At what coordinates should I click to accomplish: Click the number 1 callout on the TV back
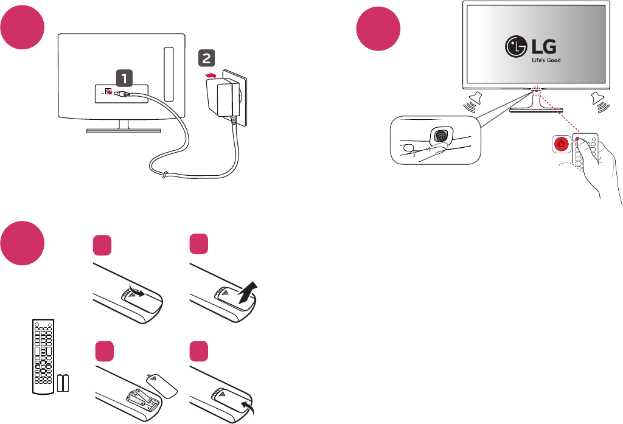[124, 78]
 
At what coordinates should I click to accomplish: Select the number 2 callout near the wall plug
[206, 58]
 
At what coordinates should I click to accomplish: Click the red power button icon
[562, 144]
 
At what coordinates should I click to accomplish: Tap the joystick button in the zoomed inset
[440, 137]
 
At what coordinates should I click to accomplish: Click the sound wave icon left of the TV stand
[473, 101]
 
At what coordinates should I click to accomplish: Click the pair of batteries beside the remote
[64, 384]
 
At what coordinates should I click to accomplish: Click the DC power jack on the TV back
[108, 92]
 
